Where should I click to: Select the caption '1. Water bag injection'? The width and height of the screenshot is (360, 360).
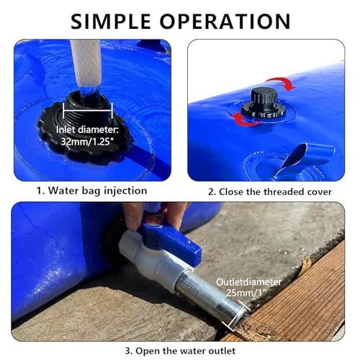pyautogui.click(x=91, y=191)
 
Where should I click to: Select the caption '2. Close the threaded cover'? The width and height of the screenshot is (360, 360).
pyautogui.click(x=269, y=192)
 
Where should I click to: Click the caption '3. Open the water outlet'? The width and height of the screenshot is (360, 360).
pyautogui.click(x=179, y=351)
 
